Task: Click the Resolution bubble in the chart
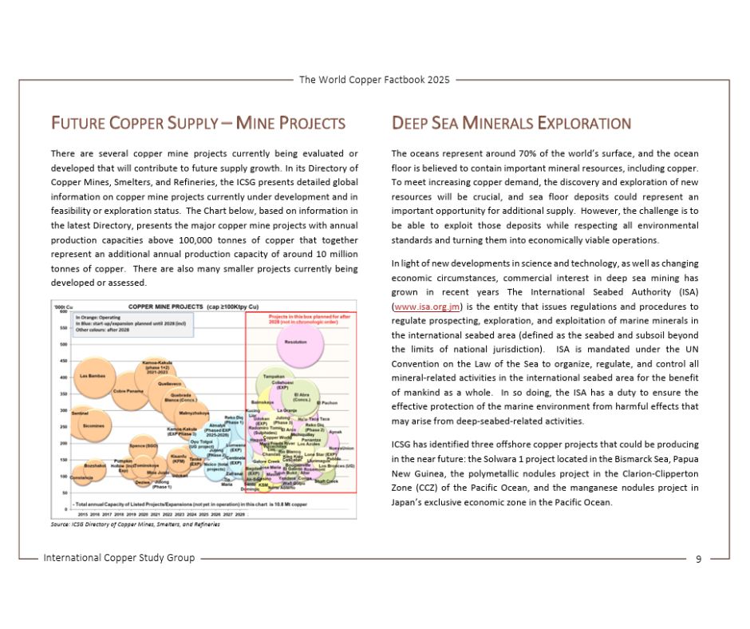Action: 295,342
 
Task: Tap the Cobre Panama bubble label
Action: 128,391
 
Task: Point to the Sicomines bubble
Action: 93,426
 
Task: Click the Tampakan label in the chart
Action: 274,376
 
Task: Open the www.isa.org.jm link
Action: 417,307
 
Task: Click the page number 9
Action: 698,559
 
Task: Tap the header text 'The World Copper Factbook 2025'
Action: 374,80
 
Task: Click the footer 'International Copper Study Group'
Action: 119,558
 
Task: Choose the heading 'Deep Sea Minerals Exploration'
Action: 511,124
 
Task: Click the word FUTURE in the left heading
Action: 75,124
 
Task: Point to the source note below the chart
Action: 135,524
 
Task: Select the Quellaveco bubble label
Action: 170,384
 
